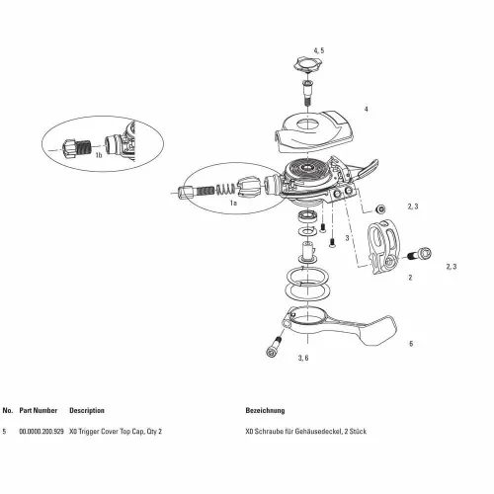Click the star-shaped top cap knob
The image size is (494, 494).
308,64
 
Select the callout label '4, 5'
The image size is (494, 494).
318,50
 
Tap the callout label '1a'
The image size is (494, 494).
233,203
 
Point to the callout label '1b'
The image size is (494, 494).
98,155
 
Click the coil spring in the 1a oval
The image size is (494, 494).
226,190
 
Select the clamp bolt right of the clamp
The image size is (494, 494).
420,254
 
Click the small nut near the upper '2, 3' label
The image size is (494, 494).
381,209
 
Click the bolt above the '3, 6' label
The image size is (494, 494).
274,347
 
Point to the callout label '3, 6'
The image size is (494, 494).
303,358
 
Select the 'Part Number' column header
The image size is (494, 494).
39,410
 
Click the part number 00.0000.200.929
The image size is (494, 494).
41,431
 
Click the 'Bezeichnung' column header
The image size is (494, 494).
265,411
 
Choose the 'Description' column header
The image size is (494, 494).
87,411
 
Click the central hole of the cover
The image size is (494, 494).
308,124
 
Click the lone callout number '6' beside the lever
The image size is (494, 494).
411,344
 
